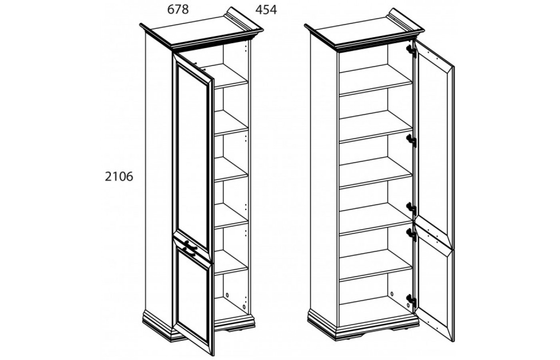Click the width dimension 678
[x=178, y=10]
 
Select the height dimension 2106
[x=119, y=177]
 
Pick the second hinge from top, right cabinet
[x=412, y=141]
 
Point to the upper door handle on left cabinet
[x=190, y=244]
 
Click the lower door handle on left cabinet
[x=189, y=251]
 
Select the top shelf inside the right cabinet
[x=376, y=80]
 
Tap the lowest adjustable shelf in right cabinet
[x=376, y=265]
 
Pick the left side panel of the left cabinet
[x=158, y=175]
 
